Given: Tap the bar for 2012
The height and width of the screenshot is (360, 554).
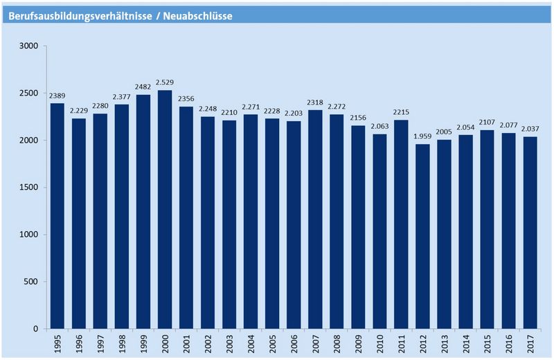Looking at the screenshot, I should click(x=422, y=236).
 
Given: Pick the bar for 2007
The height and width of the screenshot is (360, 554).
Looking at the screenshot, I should click(x=315, y=219).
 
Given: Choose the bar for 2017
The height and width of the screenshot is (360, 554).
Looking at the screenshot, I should click(x=530, y=233).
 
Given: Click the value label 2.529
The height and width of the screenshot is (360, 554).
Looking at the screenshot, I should click(x=165, y=84).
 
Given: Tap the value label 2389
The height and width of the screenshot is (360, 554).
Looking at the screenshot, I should click(x=57, y=97).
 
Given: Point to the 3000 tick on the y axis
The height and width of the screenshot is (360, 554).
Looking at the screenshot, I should click(x=30, y=46).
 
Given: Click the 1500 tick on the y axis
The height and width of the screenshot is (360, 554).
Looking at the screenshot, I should click(x=30, y=188).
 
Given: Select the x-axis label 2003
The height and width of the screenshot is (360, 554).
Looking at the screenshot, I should click(x=230, y=343).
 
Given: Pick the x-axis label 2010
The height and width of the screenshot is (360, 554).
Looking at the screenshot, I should click(x=380, y=343).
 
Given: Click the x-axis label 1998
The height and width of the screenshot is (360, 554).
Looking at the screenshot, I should click(x=123, y=343).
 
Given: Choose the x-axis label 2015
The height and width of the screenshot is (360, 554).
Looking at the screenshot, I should click(x=488, y=343).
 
